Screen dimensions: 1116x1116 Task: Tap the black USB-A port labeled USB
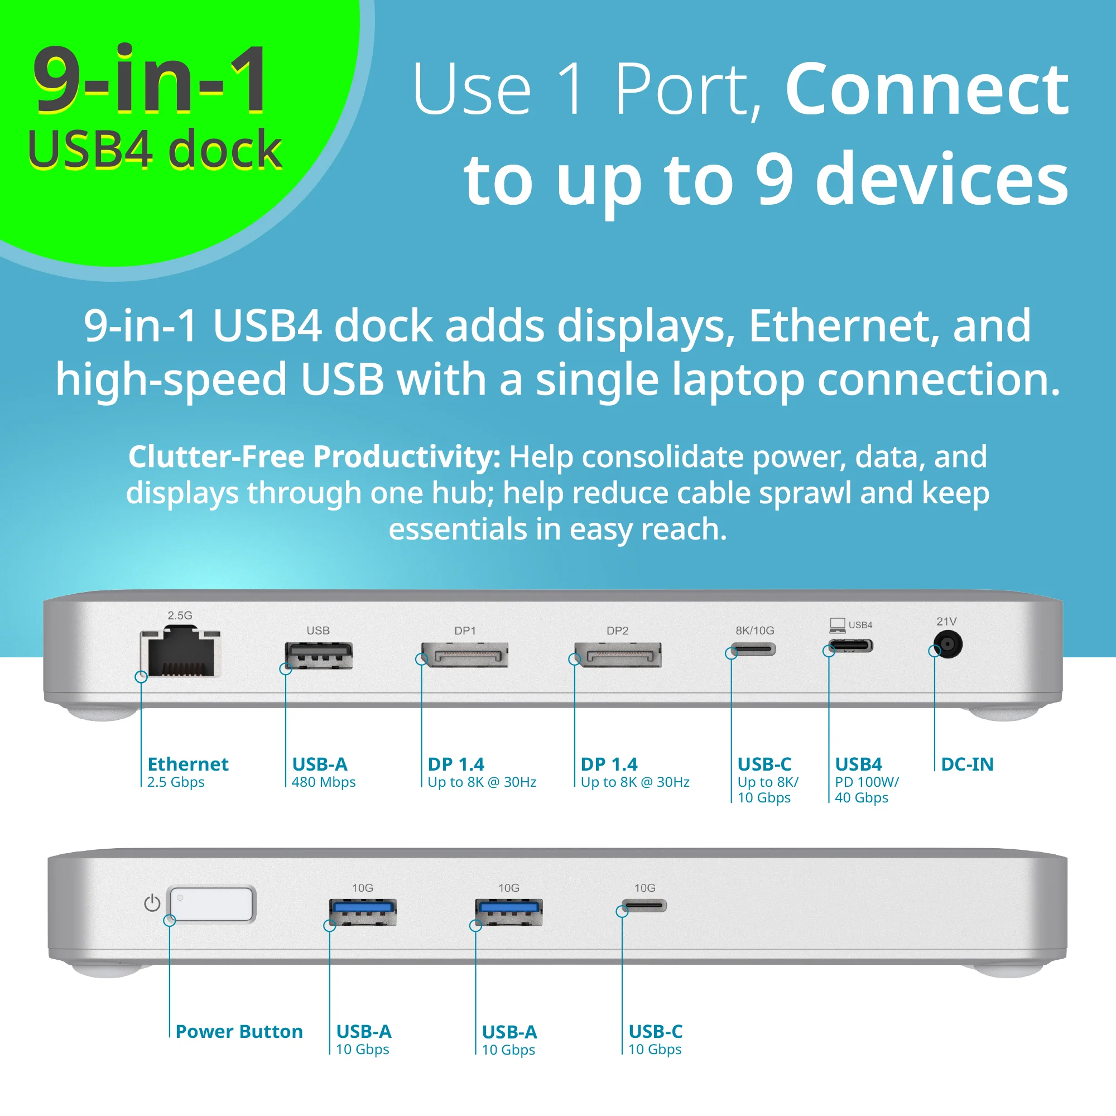click(318, 656)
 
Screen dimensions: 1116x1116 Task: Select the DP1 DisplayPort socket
click(465, 655)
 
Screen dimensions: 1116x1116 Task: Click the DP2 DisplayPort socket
click(618, 655)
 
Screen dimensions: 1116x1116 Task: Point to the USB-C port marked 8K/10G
click(754, 650)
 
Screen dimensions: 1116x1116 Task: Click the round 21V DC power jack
click(947, 643)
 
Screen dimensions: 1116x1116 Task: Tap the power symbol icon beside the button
click(152, 903)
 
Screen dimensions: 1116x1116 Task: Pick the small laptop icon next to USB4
click(837, 624)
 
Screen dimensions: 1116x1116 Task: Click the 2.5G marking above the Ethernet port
click(180, 615)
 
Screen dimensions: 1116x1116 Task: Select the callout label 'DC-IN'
click(967, 764)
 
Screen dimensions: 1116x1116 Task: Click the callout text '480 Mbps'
click(324, 782)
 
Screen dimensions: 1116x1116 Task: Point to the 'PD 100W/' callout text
click(867, 782)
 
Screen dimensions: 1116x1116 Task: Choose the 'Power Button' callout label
click(239, 1031)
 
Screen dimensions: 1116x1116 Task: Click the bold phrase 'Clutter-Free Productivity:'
click(314, 457)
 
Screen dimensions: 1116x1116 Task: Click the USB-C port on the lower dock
click(644, 905)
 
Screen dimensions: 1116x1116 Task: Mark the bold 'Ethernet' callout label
click(188, 764)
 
